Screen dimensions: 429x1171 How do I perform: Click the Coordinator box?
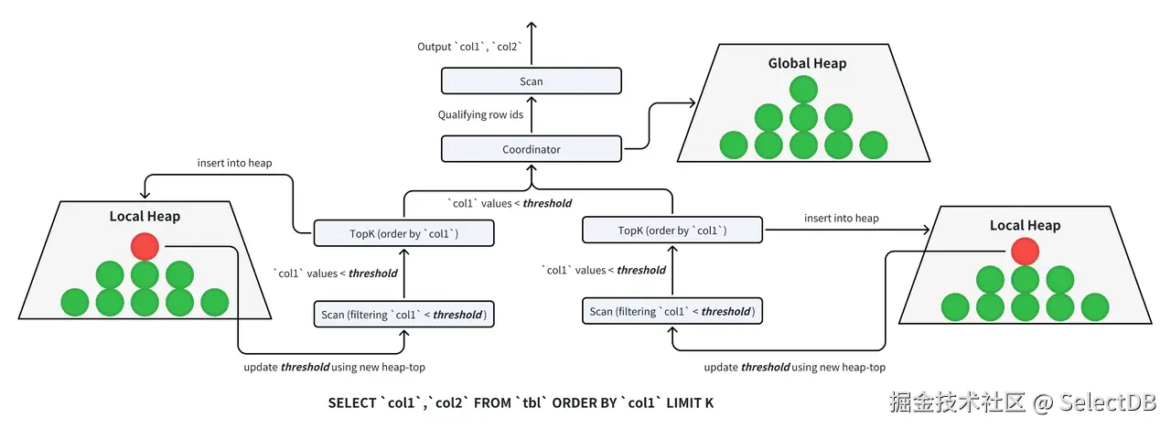pos(532,149)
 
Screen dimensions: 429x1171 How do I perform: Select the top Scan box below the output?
pos(532,81)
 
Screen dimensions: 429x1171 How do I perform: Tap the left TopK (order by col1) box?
pos(403,233)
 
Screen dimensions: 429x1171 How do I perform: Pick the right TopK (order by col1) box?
pos(672,230)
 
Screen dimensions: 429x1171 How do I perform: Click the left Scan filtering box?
pos(403,315)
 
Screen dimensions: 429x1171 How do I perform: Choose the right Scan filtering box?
pos(672,311)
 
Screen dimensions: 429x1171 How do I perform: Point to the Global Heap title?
pos(807,63)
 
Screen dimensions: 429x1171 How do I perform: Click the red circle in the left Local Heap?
pos(145,246)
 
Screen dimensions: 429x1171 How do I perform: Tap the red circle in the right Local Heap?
pos(1025,251)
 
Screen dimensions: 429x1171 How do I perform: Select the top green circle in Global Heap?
pos(803,90)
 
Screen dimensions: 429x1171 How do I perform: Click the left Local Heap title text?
pos(145,217)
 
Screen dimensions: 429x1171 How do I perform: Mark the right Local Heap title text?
pos(1025,225)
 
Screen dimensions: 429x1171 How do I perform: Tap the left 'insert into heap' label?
pos(234,163)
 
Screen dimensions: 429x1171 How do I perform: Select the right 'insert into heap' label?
pos(841,218)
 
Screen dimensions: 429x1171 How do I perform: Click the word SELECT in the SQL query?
pos(352,402)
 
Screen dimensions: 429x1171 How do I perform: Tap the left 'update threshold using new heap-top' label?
pos(335,367)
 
